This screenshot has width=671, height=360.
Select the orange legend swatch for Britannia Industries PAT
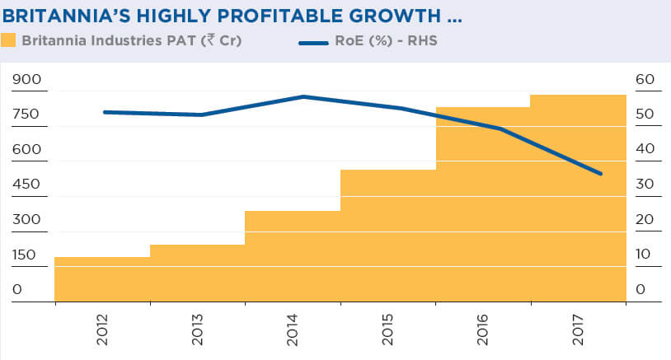(10, 40)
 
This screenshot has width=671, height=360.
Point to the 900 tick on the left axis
(26, 80)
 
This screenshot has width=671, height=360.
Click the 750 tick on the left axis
(26, 115)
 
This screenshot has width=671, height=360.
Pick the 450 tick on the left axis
(26, 185)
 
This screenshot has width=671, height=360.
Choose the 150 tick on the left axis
(26, 255)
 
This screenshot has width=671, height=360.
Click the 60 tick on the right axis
(645, 80)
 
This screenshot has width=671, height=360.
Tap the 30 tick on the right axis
(645, 185)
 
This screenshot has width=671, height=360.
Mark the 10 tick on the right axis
(644, 255)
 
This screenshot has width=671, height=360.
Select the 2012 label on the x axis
(103, 329)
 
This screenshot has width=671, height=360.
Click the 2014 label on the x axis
(293, 329)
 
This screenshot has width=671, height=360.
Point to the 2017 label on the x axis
(579, 329)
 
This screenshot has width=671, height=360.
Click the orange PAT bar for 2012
(102, 280)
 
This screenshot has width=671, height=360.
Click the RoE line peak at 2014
(304, 96)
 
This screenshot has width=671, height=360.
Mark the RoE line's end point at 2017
(600, 174)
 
